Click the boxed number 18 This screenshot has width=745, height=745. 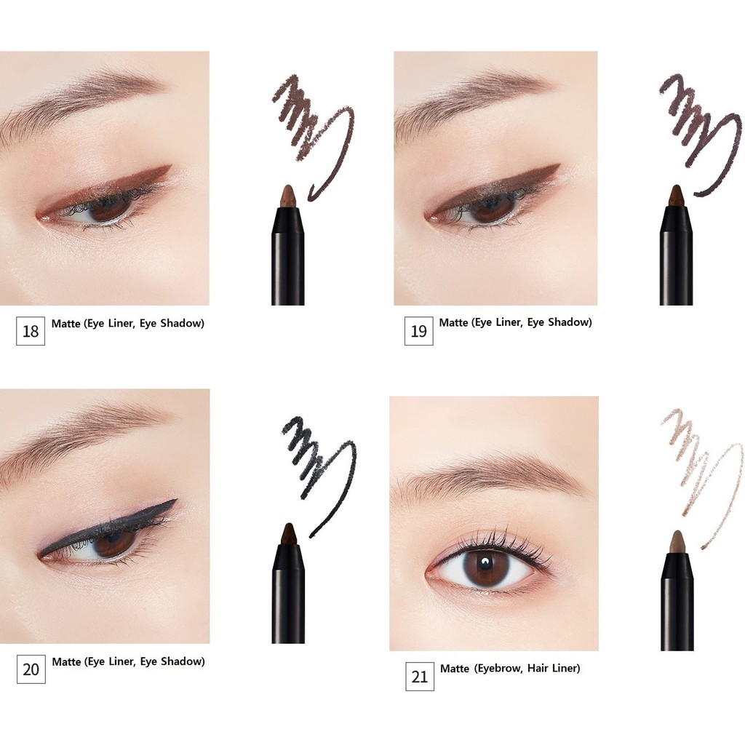point(30,331)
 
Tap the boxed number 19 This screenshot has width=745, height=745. point(418,331)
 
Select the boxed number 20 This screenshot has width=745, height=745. point(31,669)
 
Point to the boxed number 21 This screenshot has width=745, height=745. point(420,676)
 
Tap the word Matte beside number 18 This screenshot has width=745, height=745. point(65,324)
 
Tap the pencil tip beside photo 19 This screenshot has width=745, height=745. point(676,195)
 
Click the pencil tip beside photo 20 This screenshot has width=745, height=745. point(288,533)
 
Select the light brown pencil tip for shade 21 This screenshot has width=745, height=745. point(677,541)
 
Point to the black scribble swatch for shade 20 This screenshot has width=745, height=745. point(313,458)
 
